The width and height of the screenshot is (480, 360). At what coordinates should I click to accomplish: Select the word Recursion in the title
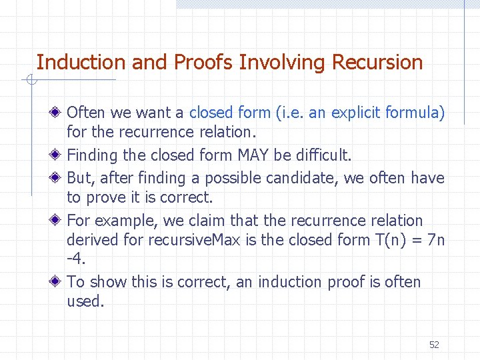377,63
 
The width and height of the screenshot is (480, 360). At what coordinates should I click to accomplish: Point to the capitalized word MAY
253,155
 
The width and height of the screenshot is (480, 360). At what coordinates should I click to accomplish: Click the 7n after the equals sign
435,239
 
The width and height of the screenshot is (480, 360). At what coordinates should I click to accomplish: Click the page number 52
434,345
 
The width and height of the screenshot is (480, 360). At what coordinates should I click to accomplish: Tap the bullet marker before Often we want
58,113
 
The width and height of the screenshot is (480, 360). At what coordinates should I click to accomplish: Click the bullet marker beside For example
58,221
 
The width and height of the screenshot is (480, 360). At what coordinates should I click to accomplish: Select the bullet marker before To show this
58,282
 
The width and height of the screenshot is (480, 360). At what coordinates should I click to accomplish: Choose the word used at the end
85,301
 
